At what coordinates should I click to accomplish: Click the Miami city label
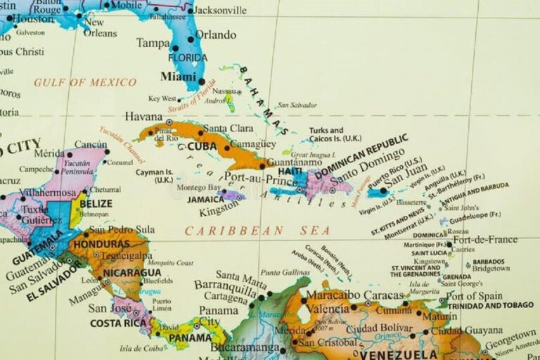tap(178, 76)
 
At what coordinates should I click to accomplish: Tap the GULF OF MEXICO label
tap(85, 82)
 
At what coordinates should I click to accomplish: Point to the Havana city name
tap(143, 116)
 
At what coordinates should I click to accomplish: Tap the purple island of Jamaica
tap(231, 195)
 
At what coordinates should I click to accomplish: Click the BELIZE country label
tap(96, 203)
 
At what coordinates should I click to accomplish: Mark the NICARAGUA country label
tap(131, 272)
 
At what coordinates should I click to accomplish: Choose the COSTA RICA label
tap(118, 323)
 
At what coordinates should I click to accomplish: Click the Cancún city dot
tap(107, 151)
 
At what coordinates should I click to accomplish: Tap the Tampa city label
tap(153, 43)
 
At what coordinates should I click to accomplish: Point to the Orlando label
tap(216, 34)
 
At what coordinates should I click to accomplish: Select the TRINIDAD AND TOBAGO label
tap(490, 305)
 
